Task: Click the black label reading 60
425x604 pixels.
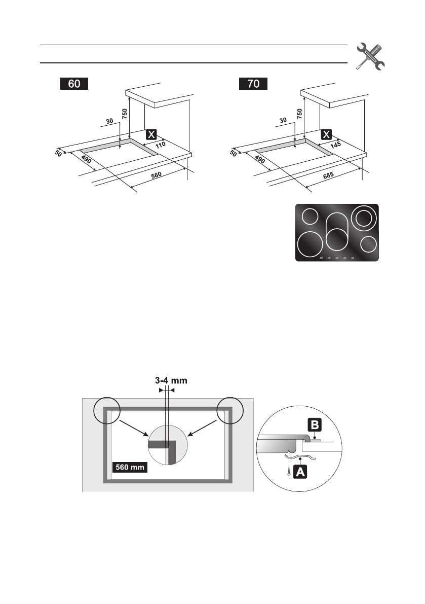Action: pos(74,84)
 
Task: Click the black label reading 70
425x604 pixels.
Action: pos(253,84)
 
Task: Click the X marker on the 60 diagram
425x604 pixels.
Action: pos(151,134)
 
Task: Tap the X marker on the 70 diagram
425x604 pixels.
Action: pos(327,134)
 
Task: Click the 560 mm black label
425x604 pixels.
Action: pos(130,467)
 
